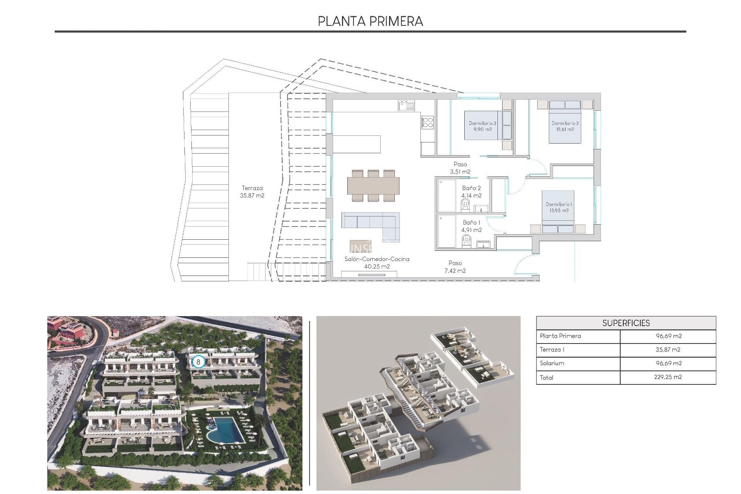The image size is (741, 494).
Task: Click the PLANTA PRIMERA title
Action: pyautogui.click(x=370, y=21)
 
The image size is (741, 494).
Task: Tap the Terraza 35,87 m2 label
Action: pyautogui.click(x=252, y=192)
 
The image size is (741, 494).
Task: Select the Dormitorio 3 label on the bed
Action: pyautogui.click(x=482, y=126)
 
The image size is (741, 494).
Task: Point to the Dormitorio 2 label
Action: pyautogui.click(x=565, y=126)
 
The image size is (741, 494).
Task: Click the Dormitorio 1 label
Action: pyautogui.click(x=559, y=207)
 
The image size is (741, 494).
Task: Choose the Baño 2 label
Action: pyautogui.click(x=471, y=192)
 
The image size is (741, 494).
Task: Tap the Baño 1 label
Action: pyautogui.click(x=471, y=226)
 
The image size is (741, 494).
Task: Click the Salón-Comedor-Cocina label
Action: pyautogui.click(x=377, y=262)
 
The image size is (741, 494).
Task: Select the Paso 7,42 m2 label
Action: pyautogui.click(x=455, y=267)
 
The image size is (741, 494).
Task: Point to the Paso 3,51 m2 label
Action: pyautogui.click(x=460, y=168)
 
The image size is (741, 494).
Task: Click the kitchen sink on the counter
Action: pyautogui.click(x=406, y=105)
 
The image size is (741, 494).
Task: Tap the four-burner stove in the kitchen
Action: pyautogui.click(x=428, y=122)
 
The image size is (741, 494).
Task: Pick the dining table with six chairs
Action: pyautogui.click(x=373, y=186)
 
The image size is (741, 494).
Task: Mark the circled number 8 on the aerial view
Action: pyautogui.click(x=198, y=362)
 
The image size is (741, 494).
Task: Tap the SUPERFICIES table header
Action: pyautogui.click(x=626, y=323)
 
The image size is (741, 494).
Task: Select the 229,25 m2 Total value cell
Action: pyautogui.click(x=668, y=377)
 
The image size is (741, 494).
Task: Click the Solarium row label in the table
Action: pyautogui.click(x=552, y=363)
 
